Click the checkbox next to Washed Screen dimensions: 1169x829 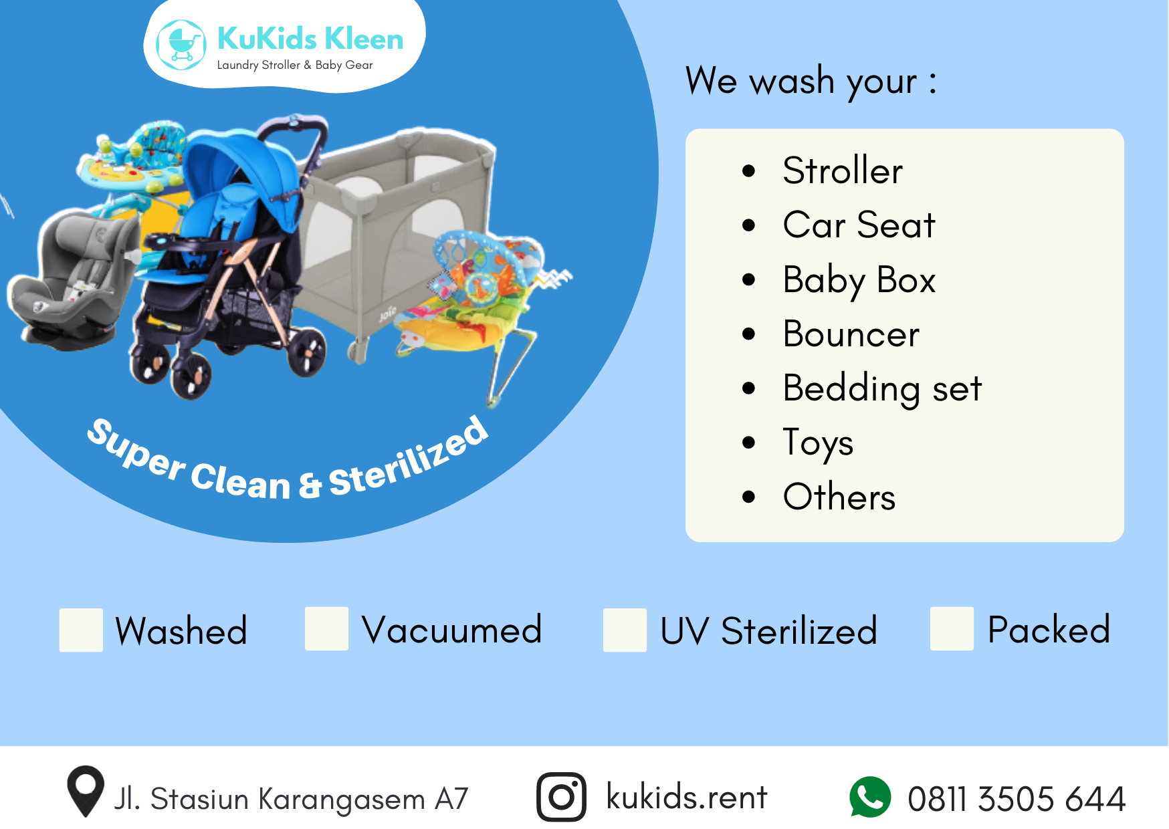tap(81, 630)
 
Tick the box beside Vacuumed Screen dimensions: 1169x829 tap(326, 628)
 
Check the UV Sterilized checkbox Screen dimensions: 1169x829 tap(625, 630)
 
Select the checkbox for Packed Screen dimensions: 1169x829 tap(952, 628)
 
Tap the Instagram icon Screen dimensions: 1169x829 tap(562, 797)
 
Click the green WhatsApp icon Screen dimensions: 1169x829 tap(870, 797)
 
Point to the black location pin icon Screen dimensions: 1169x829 tap(86, 791)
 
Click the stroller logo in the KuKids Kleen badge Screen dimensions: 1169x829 tap(181, 45)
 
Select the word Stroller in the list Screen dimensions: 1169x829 tap(843, 170)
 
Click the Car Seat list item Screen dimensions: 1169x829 tap(859, 225)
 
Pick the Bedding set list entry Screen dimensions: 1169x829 tap(883, 388)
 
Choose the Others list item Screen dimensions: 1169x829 tap(839, 497)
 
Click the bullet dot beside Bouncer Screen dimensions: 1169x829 tap(748, 334)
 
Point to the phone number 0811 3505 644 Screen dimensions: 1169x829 tap(1017, 799)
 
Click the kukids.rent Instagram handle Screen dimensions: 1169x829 tap(687, 796)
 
